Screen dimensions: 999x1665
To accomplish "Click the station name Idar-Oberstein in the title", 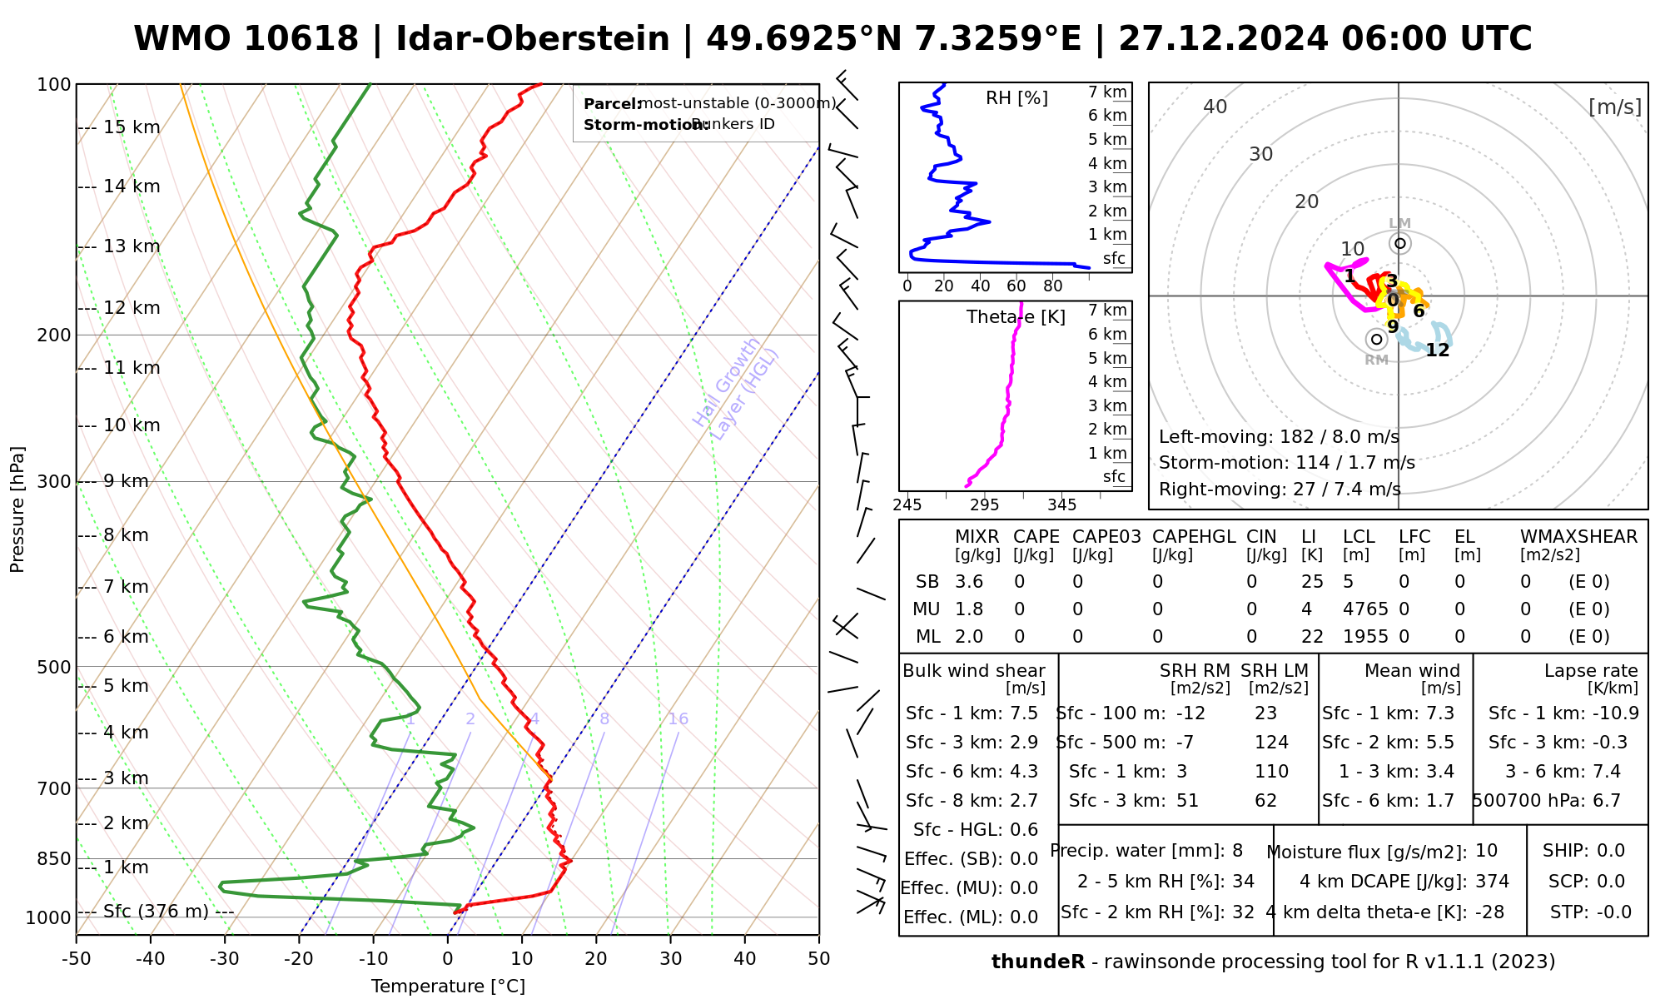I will [x=533, y=39].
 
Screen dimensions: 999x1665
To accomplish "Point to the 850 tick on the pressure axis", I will [x=55, y=858].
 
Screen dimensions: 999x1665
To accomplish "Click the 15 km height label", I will [x=132, y=127].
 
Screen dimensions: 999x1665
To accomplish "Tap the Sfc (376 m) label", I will [x=156, y=912].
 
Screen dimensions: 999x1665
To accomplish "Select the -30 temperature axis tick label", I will [x=224, y=959].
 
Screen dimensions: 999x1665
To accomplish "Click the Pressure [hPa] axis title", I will [x=17, y=509].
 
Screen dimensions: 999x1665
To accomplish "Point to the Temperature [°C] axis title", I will [x=448, y=987].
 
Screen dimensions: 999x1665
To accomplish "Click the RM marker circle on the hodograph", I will [x=1376, y=339].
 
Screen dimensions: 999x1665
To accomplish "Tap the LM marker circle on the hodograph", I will [x=1399, y=243].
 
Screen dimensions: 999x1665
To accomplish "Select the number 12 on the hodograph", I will [x=1437, y=350].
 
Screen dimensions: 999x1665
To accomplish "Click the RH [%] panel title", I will [x=1016, y=98].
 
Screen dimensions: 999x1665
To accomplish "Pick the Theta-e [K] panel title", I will [x=1016, y=317].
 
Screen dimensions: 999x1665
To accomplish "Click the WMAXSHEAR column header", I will [x=1578, y=537].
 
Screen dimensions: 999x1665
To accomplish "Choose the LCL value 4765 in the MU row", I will [x=1365, y=609].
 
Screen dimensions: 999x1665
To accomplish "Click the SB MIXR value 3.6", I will [x=969, y=582].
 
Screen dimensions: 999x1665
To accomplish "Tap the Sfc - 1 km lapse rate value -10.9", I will [x=1614, y=713].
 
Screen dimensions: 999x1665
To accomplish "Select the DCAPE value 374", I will [x=1492, y=882].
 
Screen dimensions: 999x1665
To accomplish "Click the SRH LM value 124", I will [x=1271, y=743].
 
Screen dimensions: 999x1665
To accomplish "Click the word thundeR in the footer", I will [x=1037, y=962].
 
